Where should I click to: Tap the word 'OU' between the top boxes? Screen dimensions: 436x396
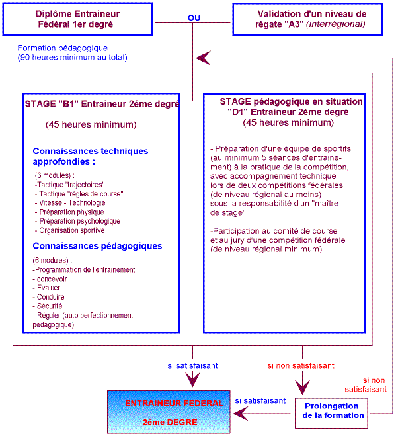pyautogui.click(x=194, y=18)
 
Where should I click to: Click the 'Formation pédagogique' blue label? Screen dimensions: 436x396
pyautogui.click(x=63, y=48)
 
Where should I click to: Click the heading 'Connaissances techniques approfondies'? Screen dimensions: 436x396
pyautogui.click(x=90, y=156)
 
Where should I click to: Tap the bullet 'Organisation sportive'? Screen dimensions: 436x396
pyautogui.click(x=70, y=230)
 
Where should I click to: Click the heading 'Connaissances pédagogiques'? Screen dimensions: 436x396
pyautogui.click(x=97, y=246)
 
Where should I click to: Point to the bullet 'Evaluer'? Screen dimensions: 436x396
pyautogui.click(x=48, y=288)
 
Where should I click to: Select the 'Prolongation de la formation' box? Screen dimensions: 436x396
pyautogui.click(x=333, y=411)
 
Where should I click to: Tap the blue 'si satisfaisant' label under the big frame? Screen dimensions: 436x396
pyautogui.click(x=193, y=365)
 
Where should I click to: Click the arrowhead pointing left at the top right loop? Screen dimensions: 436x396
pyautogui.click(x=204, y=58)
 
